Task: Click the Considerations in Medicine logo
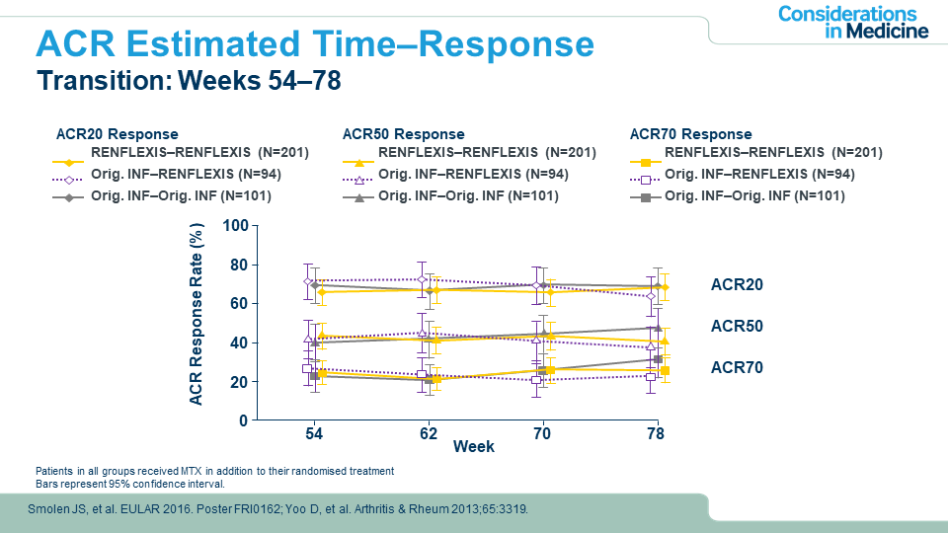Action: coord(853,22)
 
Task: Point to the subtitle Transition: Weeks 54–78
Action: coord(189,81)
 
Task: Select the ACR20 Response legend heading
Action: coord(117,134)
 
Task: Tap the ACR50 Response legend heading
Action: coord(403,134)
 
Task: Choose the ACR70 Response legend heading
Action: coord(690,134)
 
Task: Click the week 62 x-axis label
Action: coord(428,434)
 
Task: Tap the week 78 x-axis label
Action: coord(655,434)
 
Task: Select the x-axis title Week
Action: coord(474,447)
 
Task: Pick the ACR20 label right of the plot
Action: coord(737,284)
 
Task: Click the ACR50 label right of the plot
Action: coord(737,326)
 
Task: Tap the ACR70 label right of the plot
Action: coord(737,367)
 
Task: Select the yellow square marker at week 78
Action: coord(665,370)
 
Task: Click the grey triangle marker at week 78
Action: coord(657,327)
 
